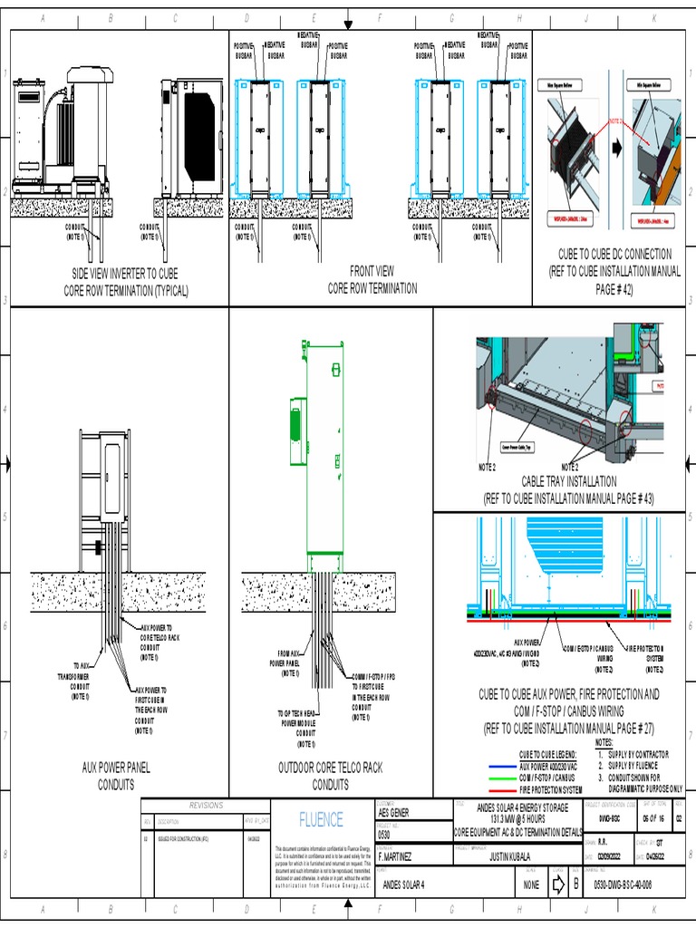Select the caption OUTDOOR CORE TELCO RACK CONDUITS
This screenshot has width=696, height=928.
point(330,776)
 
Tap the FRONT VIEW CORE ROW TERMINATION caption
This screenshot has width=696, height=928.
point(372,279)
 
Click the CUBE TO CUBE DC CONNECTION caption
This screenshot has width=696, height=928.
point(614,269)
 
